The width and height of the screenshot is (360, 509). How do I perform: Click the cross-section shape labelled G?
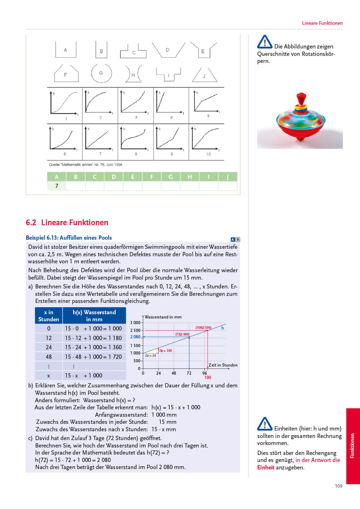(101, 73)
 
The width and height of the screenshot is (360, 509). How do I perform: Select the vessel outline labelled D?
(168, 50)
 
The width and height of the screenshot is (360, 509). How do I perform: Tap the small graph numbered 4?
(171, 105)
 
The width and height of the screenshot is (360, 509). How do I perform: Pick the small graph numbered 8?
(135, 141)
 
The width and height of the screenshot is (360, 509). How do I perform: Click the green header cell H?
(190, 177)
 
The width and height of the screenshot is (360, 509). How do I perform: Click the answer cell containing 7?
(57, 186)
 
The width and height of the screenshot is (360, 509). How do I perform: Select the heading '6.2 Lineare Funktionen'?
(67, 222)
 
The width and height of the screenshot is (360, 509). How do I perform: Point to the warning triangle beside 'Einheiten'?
(265, 424)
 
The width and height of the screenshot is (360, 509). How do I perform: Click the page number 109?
(338, 486)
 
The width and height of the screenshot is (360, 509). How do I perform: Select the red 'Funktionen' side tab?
(353, 446)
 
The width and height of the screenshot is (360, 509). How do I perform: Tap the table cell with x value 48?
(49, 357)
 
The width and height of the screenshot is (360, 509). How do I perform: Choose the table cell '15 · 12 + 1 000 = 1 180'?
(93, 338)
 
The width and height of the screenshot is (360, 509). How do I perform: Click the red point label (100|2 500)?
(203, 328)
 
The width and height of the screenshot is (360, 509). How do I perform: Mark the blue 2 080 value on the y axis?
(135, 337)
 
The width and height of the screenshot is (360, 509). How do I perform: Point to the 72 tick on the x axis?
(189, 373)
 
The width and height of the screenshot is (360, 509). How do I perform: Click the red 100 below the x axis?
(208, 378)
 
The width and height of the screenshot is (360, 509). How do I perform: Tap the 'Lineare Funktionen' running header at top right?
(322, 23)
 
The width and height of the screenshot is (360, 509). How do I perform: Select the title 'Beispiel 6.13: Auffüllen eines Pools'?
(69, 238)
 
